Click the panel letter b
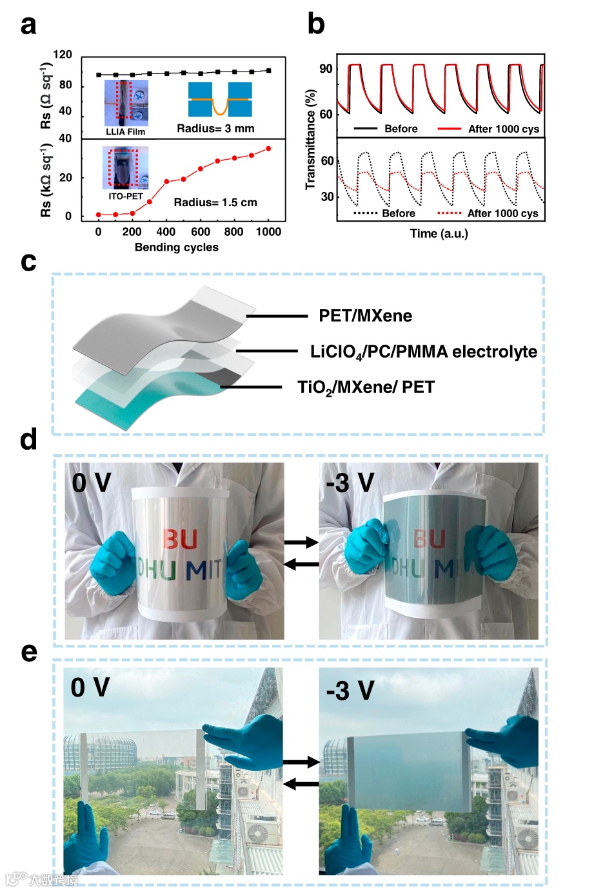[316, 24]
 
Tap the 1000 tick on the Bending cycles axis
[268, 232]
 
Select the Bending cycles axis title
[176, 247]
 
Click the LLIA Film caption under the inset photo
[125, 132]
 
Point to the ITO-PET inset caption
[125, 196]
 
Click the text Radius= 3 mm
[215, 129]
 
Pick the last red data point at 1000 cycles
[268, 149]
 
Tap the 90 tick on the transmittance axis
[326, 69]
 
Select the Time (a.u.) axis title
[439, 233]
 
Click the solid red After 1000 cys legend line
[449, 129]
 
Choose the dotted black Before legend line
[366, 213]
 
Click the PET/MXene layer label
[365, 316]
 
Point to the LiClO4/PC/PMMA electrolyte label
[423, 352]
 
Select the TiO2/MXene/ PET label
[366, 387]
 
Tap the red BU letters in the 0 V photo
[180, 539]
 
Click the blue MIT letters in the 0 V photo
[204, 570]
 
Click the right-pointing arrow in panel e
[301, 762]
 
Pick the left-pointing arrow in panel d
[301, 564]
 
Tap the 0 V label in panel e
[90, 687]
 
